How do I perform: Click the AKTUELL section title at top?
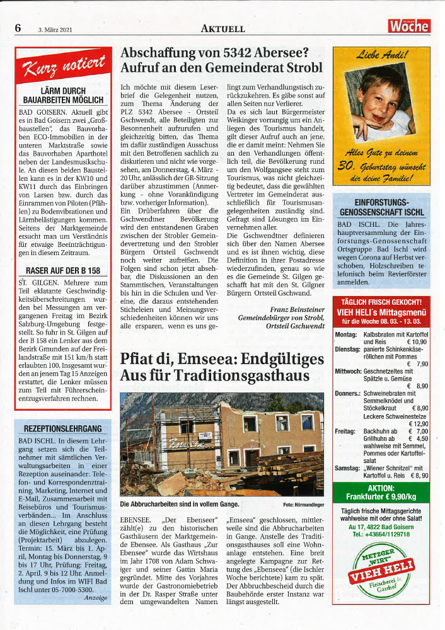point(222,28)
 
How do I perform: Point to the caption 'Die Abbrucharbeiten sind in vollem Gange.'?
point(180,504)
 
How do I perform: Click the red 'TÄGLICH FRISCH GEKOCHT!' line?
point(381,302)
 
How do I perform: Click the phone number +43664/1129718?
point(381,534)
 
